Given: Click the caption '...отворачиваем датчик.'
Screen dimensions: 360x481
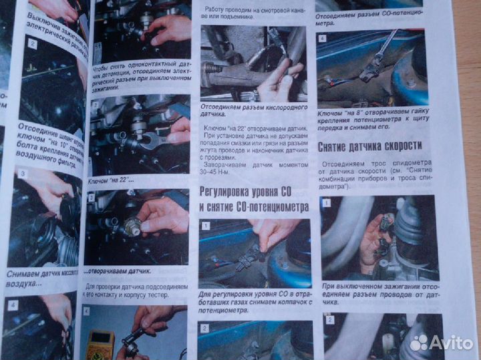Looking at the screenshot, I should [117, 272].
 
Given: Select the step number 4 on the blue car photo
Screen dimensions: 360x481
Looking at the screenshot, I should [322, 39].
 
